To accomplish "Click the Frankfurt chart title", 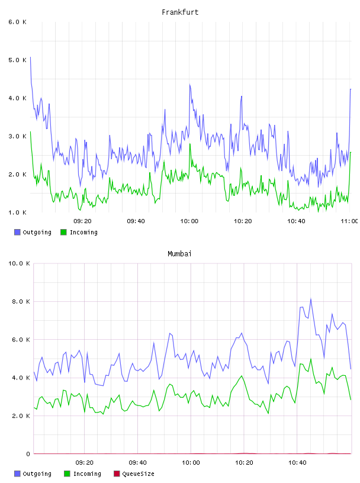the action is (180, 12).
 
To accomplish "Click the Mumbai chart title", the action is (179, 254).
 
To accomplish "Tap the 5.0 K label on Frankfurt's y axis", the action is (17, 60).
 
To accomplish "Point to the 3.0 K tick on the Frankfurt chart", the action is (17, 136).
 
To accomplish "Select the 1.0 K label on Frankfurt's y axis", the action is (17, 212).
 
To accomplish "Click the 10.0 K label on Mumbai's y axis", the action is (19, 263).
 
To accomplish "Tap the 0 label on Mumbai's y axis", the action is (28, 454).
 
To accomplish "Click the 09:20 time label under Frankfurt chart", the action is (82, 221).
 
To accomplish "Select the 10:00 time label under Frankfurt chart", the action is (189, 221).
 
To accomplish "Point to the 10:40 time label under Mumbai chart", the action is (297, 462).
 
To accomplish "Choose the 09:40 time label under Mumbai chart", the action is (137, 462).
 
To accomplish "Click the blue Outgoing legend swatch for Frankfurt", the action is (17, 232).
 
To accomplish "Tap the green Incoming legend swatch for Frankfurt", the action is (63, 232).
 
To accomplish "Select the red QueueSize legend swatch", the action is (117, 474).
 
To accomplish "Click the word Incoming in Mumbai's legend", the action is (87, 474).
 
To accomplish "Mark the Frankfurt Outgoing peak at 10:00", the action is (190, 85).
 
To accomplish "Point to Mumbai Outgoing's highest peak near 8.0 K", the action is (311, 299).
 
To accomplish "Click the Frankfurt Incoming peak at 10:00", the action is (190, 144).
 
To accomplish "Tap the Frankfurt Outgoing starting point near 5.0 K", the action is (30, 57).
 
